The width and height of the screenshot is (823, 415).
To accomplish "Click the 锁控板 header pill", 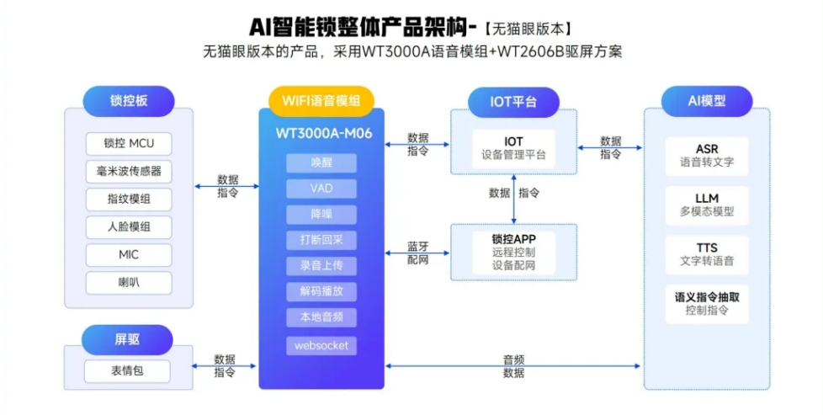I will [x=129, y=101].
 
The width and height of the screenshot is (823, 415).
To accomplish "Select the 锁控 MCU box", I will [x=129, y=143].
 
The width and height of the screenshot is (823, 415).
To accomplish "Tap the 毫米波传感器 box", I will [x=129, y=172].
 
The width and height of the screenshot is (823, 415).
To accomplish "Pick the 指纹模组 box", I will [x=129, y=200].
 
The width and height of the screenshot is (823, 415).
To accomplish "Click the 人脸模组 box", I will [x=129, y=227].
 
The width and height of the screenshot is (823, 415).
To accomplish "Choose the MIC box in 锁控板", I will [x=129, y=255].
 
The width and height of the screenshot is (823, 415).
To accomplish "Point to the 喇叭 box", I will [x=129, y=283].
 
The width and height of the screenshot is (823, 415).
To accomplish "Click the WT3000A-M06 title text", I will [x=321, y=133].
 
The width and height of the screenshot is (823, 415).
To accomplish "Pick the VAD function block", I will [x=321, y=189].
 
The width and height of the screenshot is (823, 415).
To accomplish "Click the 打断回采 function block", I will [x=321, y=240].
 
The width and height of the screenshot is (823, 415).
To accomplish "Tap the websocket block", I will [x=321, y=345].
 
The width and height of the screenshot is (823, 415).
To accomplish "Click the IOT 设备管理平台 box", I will [x=513, y=147].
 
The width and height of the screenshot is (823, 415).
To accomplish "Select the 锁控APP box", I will [x=513, y=252].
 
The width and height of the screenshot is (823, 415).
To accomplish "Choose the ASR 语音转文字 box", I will [x=707, y=155].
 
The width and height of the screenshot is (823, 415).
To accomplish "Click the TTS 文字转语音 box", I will [x=707, y=254].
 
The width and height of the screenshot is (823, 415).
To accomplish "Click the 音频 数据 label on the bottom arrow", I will [x=513, y=366].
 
